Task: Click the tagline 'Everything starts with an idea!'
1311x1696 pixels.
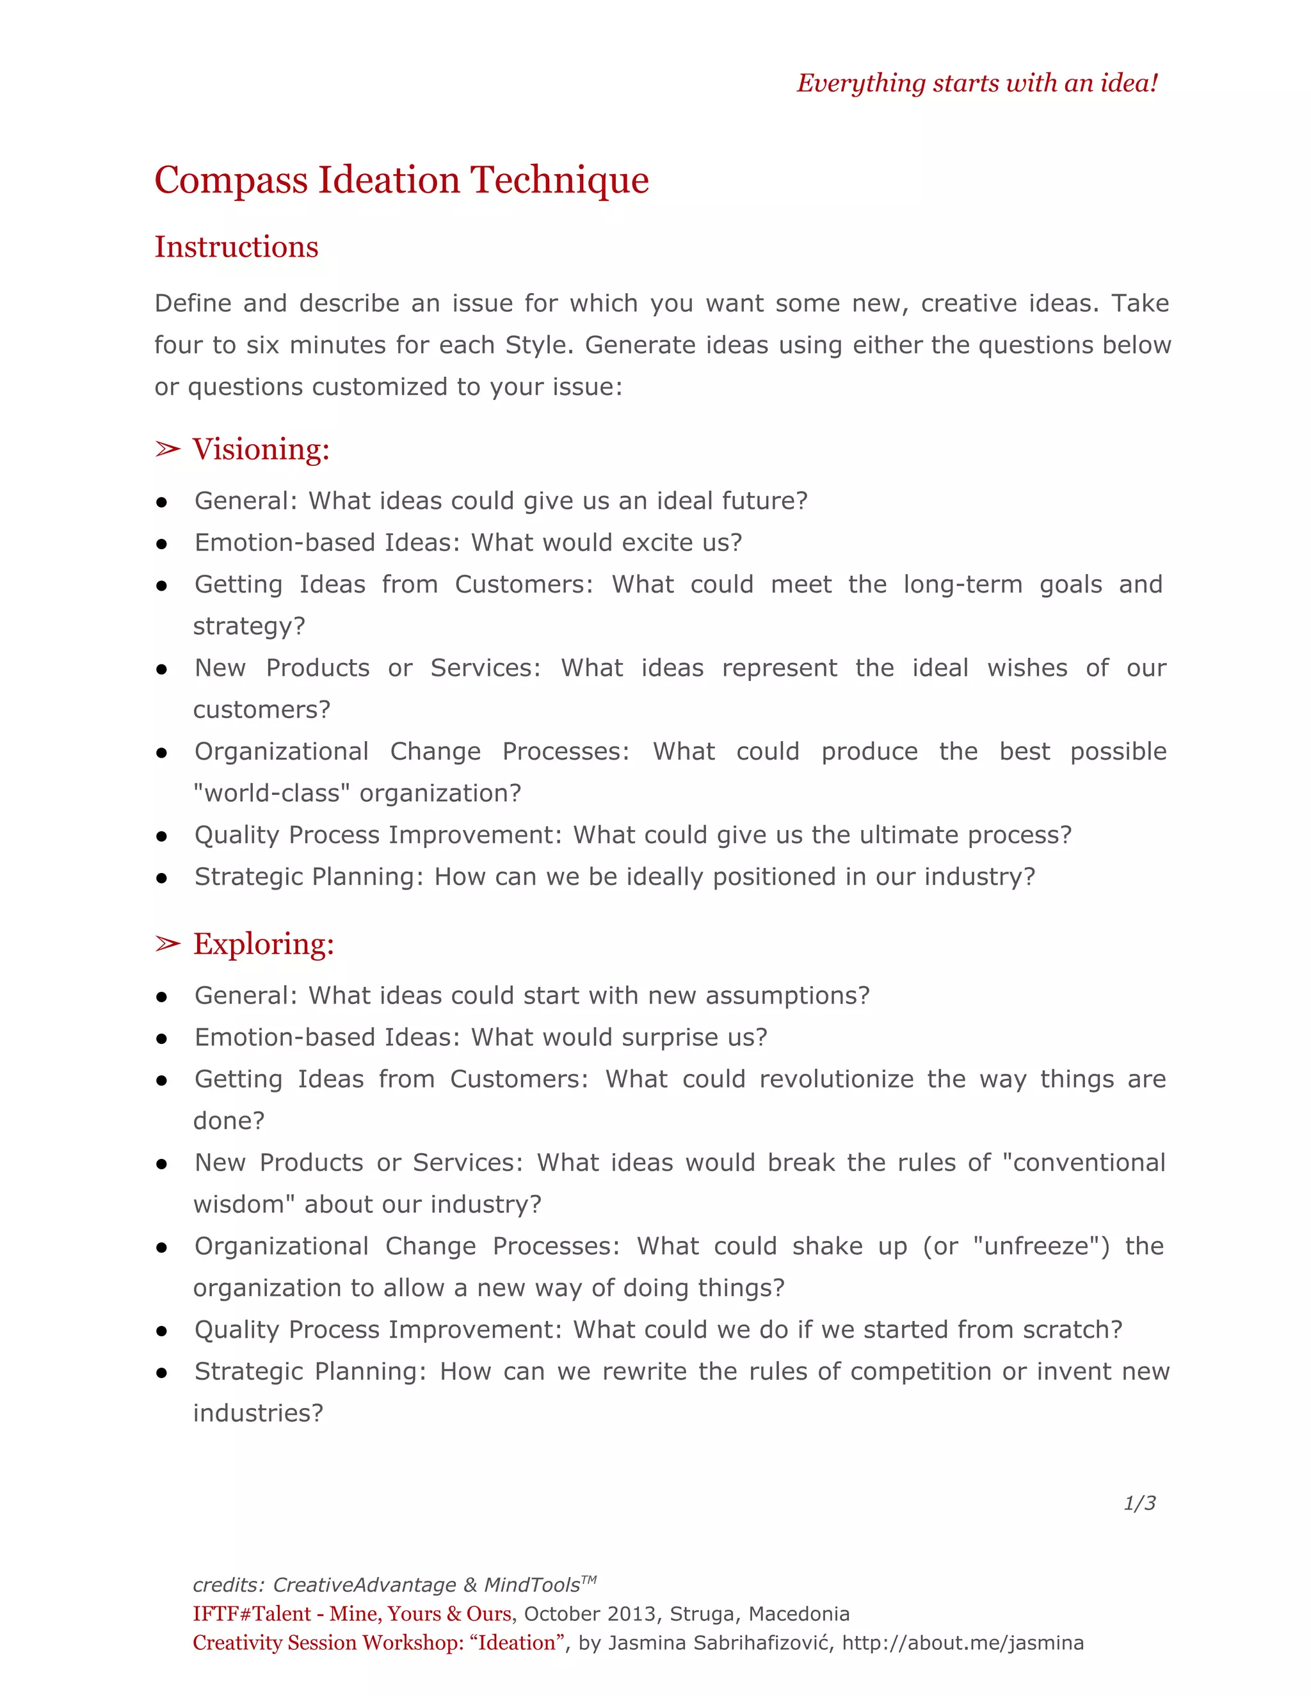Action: (976, 83)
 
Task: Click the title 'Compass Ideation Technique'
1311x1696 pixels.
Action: (401, 180)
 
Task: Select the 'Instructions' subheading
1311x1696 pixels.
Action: (236, 247)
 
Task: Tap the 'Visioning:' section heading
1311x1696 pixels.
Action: (261, 450)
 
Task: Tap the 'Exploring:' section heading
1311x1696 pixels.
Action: (263, 944)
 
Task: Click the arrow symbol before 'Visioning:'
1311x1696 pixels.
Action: (167, 449)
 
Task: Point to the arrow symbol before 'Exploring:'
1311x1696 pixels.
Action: (167, 943)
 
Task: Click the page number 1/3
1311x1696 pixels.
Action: (1139, 1503)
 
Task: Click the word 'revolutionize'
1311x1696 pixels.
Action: (837, 1080)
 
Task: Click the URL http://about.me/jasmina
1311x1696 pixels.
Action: (962, 1643)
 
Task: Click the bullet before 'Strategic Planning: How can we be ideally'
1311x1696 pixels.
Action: (161, 878)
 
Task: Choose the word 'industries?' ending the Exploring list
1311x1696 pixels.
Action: (258, 1413)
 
